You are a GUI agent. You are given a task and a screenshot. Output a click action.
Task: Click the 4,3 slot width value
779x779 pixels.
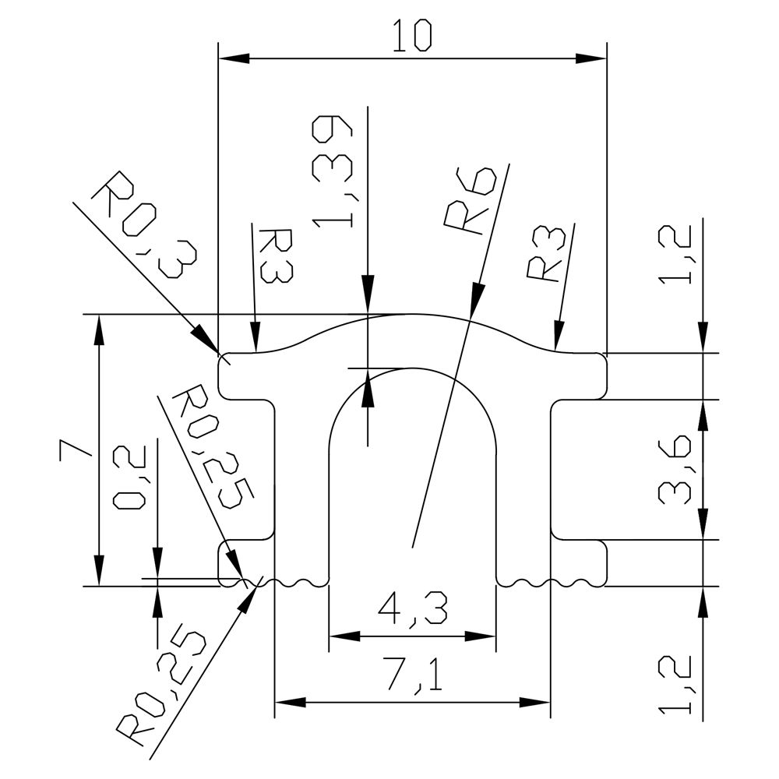(x=412, y=608)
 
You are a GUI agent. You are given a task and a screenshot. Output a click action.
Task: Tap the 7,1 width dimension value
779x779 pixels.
(x=412, y=675)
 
